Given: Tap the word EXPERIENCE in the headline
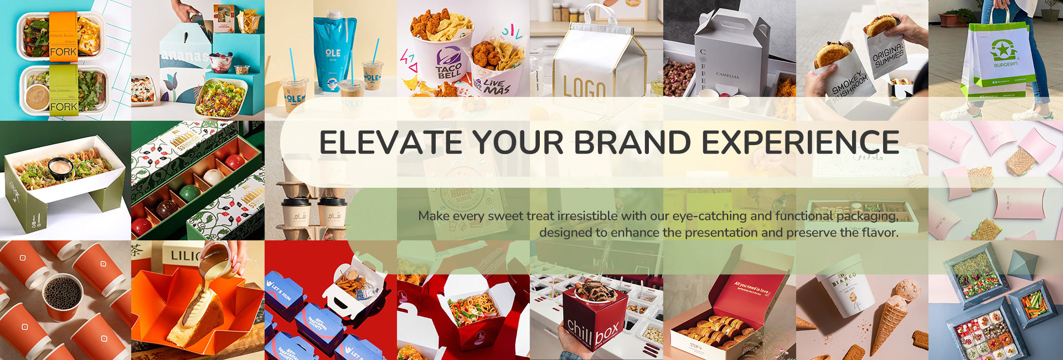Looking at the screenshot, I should pyautogui.click(x=801, y=142).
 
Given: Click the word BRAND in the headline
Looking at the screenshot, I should pyautogui.click(x=632, y=142).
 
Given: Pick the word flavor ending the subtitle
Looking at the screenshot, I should pyautogui.click(x=879, y=233).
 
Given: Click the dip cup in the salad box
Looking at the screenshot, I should pyautogui.click(x=60, y=167).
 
